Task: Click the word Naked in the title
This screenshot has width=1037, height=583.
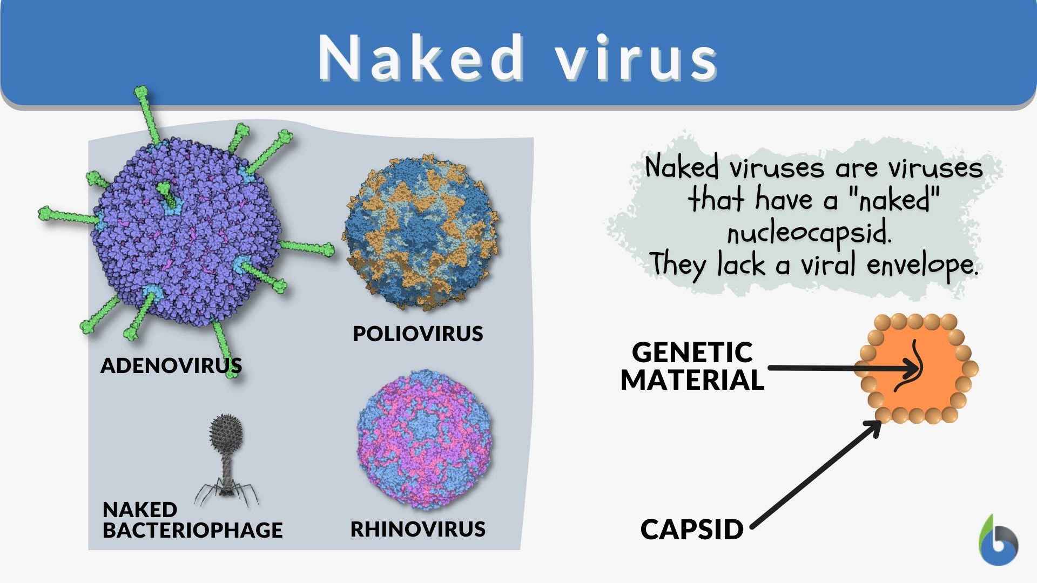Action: (421, 58)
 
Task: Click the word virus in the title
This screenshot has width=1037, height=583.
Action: (638, 58)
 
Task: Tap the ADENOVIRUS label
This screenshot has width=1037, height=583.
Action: (171, 365)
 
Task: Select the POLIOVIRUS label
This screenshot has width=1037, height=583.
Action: (418, 334)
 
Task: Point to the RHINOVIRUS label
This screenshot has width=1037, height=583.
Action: (418, 529)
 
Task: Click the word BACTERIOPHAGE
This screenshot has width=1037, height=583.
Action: (192, 530)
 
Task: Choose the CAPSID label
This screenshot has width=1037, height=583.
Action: (692, 530)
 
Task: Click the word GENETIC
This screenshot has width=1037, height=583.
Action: (692, 352)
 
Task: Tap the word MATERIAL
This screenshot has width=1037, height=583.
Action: (692, 379)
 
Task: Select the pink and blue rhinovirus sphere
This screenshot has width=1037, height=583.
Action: (425, 440)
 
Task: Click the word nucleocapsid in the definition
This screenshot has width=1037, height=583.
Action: (809, 233)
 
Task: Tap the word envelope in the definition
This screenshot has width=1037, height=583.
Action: (922, 266)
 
